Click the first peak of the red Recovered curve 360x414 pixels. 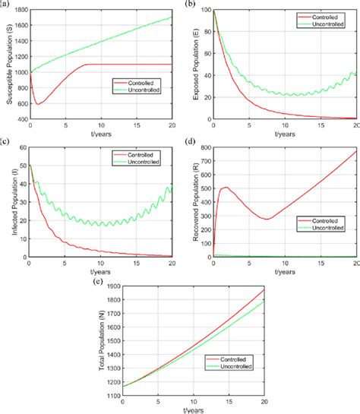pyautogui.click(x=225, y=187)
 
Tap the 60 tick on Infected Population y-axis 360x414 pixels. pyautogui.click(x=21, y=147)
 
